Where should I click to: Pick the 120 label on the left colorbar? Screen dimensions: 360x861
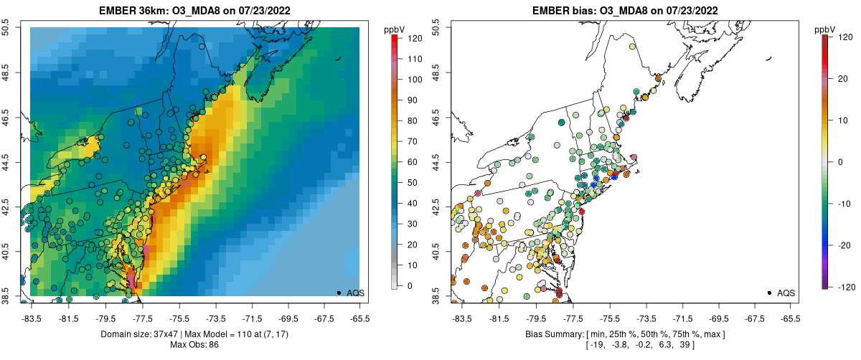(x=414, y=39)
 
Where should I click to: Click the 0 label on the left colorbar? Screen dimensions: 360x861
(x=409, y=286)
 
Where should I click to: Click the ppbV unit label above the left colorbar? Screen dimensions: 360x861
(x=395, y=29)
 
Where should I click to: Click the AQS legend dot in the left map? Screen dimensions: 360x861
(x=339, y=293)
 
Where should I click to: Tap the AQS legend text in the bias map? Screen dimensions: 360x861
(x=786, y=293)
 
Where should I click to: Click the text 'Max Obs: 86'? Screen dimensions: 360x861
(x=194, y=345)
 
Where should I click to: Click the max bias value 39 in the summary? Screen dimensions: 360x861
(x=687, y=345)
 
